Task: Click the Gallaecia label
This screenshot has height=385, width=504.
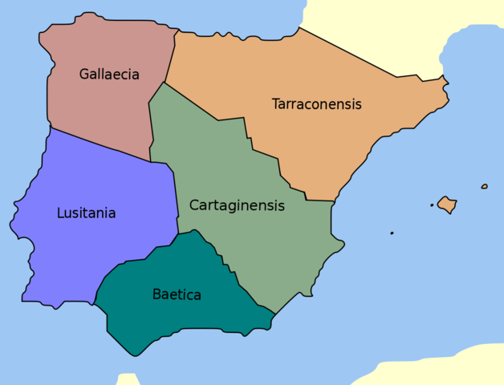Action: (109, 75)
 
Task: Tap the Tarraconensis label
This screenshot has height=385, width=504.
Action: (316, 104)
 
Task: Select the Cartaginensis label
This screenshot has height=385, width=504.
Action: (237, 205)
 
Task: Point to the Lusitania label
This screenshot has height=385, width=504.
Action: (86, 213)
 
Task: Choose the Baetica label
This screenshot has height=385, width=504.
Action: (177, 294)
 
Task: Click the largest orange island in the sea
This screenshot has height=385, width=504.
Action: (447, 205)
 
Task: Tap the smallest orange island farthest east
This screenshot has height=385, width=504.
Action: (484, 187)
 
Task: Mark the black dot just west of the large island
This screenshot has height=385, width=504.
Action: (432, 205)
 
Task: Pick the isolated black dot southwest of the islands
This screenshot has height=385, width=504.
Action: (392, 233)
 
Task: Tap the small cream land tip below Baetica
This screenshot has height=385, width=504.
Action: (128, 379)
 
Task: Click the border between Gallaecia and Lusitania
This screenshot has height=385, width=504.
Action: (100, 144)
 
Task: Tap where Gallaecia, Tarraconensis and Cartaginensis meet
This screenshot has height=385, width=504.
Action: (165, 82)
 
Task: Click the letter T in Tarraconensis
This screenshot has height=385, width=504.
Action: (275, 103)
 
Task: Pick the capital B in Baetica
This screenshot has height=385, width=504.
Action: (156, 294)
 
